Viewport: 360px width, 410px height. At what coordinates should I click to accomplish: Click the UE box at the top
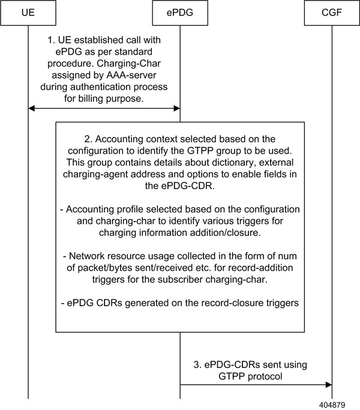tap(28, 12)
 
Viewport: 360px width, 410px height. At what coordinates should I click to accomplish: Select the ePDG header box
tap(180, 12)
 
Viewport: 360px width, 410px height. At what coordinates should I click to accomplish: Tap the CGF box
tap(331, 12)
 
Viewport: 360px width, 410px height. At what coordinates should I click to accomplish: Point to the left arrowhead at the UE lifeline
tap(32, 109)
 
